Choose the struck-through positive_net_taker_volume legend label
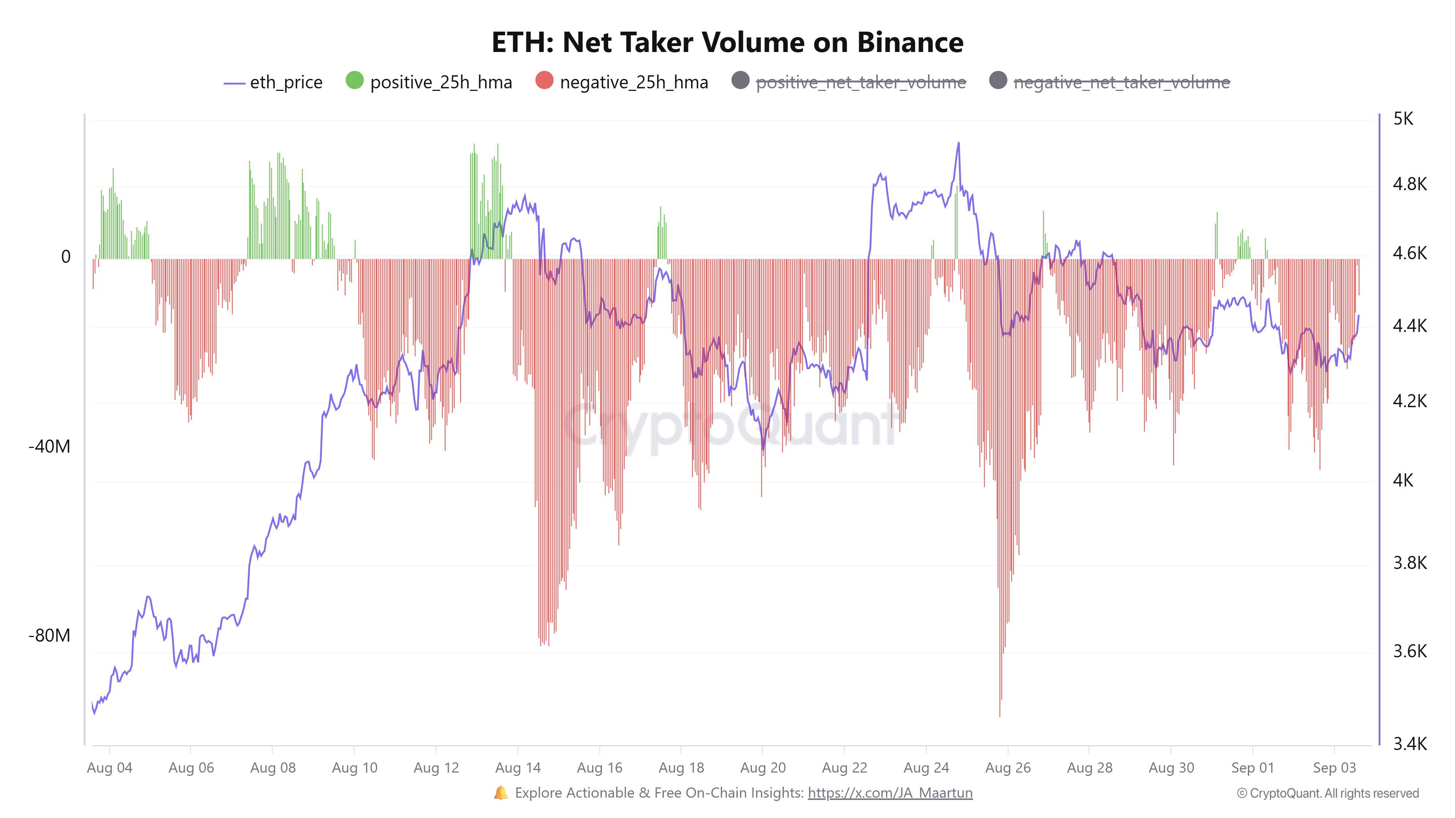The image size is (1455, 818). coord(860,83)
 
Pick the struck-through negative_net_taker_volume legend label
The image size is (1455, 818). coord(1121,83)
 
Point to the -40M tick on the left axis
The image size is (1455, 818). coord(50,446)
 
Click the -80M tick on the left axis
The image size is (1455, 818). coord(50,635)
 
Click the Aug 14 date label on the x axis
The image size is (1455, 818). coord(517,768)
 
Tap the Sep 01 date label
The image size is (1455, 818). coord(1252,768)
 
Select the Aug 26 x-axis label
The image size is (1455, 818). coord(1008,768)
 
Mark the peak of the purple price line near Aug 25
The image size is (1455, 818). coord(958,143)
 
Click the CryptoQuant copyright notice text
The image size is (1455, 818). coord(1327,793)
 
